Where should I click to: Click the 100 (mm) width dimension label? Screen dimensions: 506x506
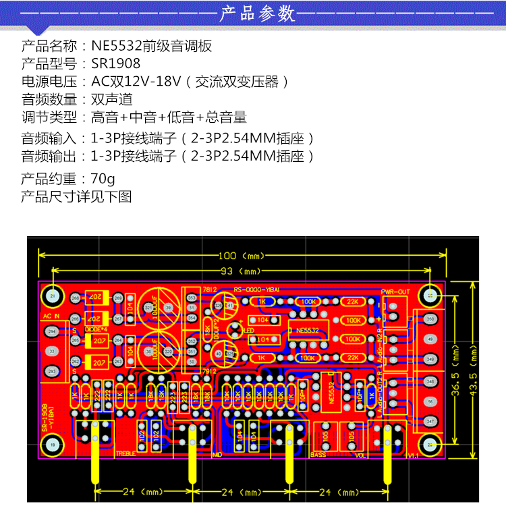242,256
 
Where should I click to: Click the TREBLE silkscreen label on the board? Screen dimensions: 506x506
126,453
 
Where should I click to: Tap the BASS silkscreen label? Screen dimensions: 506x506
318,454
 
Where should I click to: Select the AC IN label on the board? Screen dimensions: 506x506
52,315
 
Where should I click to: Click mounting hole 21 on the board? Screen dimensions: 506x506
53,296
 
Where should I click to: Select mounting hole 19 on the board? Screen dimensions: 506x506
53,445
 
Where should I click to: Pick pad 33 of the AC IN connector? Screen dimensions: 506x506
52,352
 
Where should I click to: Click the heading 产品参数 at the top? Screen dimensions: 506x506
258,13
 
